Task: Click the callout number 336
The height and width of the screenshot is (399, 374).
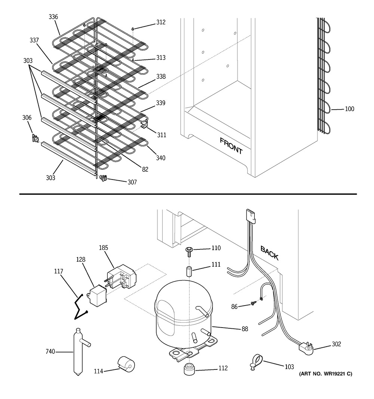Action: (x=53, y=17)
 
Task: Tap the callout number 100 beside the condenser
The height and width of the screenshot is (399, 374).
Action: (x=349, y=109)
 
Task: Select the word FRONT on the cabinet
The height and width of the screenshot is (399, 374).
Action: (x=231, y=146)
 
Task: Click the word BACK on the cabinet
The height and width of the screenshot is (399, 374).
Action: (x=269, y=253)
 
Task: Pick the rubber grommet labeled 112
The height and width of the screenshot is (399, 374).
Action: (x=188, y=369)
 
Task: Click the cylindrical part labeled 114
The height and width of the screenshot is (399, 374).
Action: (x=126, y=364)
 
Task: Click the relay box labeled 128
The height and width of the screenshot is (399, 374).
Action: (x=98, y=296)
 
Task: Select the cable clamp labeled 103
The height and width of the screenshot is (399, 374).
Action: (x=255, y=363)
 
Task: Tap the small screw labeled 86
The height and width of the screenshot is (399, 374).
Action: (x=253, y=303)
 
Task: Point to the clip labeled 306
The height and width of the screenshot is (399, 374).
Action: (x=35, y=138)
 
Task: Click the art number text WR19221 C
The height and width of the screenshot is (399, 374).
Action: (x=338, y=374)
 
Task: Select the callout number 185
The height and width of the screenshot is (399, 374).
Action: (x=104, y=248)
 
